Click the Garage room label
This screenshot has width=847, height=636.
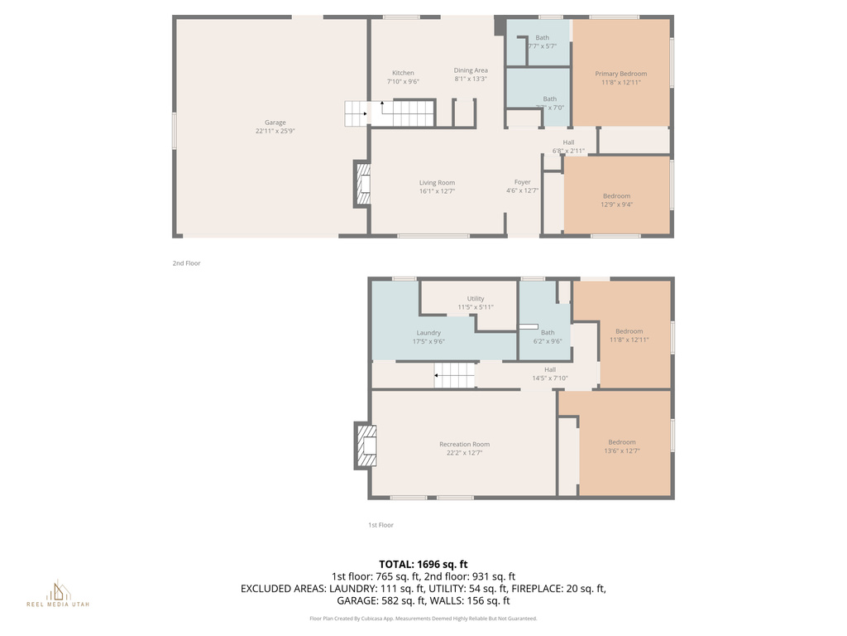click(x=275, y=123)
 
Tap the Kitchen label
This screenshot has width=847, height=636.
click(x=403, y=73)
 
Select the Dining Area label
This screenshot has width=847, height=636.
click(x=471, y=70)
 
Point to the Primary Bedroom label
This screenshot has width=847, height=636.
click(x=621, y=74)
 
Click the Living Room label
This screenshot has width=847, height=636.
click(x=437, y=183)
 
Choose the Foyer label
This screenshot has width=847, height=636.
click(x=523, y=182)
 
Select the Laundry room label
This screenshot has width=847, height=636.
click(x=428, y=333)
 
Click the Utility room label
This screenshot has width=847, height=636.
click(x=476, y=299)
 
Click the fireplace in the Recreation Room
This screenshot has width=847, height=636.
click(x=366, y=446)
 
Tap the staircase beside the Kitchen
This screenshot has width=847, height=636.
click(x=390, y=113)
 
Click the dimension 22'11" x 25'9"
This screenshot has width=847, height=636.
click(x=275, y=131)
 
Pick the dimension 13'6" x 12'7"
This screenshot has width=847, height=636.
click(x=622, y=450)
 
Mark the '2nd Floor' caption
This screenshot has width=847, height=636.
click(x=186, y=263)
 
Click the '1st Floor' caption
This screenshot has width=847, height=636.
click(x=380, y=525)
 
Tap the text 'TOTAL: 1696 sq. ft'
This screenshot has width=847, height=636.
click(x=423, y=564)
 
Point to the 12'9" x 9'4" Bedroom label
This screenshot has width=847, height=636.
click(x=616, y=196)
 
